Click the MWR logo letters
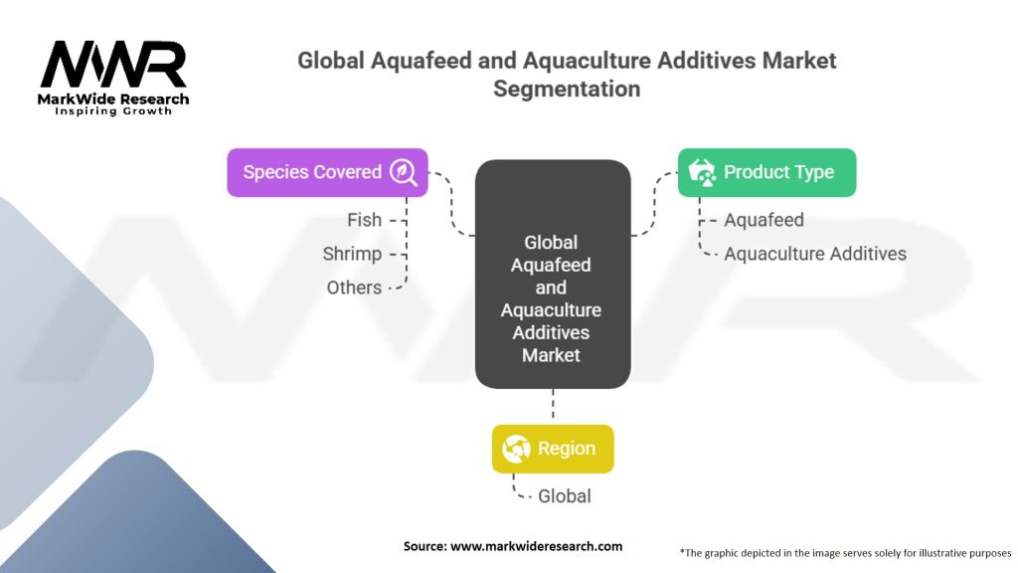pyautogui.click(x=112, y=65)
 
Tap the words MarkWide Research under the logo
pyautogui.click(x=112, y=99)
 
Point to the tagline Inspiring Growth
pyautogui.click(x=112, y=111)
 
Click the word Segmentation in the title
pyautogui.click(x=567, y=89)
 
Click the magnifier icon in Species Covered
pyautogui.click(x=404, y=172)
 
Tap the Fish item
pyautogui.click(x=364, y=220)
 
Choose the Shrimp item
pyautogui.click(x=352, y=254)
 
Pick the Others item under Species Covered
pyautogui.click(x=354, y=287)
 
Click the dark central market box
pyautogui.click(x=552, y=275)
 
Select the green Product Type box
pyautogui.click(x=766, y=172)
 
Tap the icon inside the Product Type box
pyautogui.click(x=703, y=172)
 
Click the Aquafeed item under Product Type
pyautogui.click(x=763, y=220)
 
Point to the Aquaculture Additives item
pyautogui.click(x=815, y=254)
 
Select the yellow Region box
pyautogui.click(x=553, y=449)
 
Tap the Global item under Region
pyautogui.click(x=564, y=495)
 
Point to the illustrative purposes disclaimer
pyautogui.click(x=845, y=552)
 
